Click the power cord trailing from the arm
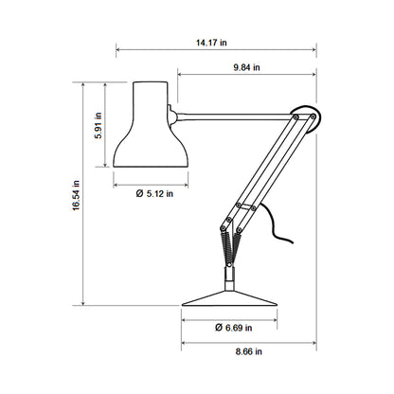tap(277, 227)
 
